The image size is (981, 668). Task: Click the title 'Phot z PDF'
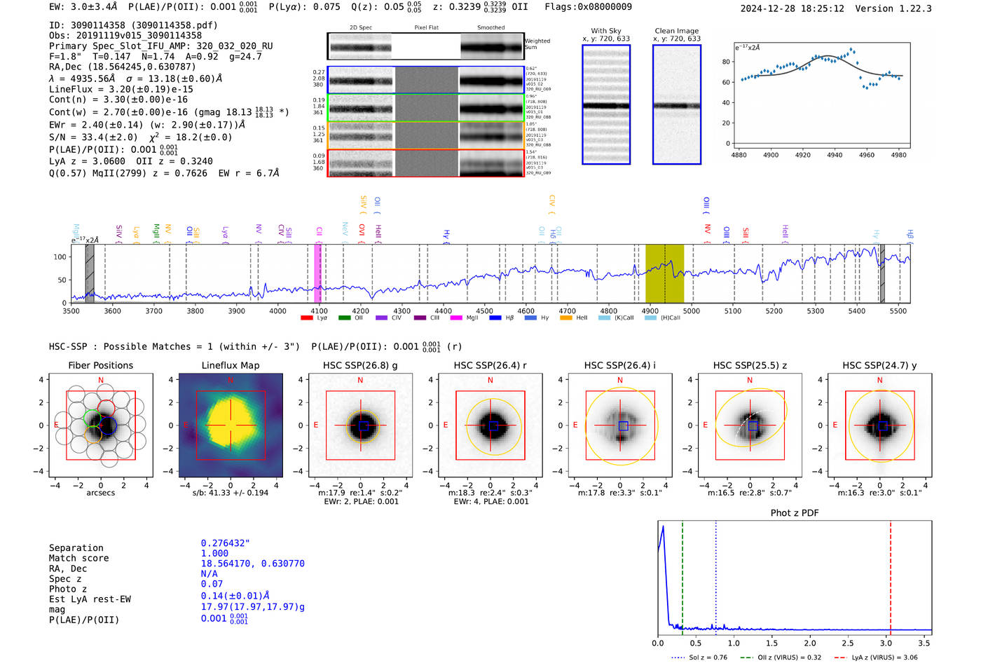coord(795,513)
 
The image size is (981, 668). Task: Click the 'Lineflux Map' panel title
coord(231,365)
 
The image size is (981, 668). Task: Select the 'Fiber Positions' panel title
coord(101,365)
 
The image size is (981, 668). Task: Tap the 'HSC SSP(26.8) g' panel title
coord(360,365)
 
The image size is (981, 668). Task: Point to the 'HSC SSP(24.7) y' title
coord(879,365)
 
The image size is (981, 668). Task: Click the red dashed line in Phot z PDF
coord(891,575)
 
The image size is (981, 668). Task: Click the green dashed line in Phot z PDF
coord(682,575)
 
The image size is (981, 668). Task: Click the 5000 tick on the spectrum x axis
coord(692,311)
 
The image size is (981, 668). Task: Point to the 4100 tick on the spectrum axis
coord(320,311)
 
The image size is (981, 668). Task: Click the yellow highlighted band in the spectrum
coord(664,273)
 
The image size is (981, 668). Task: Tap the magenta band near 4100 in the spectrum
coord(318,273)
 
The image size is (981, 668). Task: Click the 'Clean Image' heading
coord(676,31)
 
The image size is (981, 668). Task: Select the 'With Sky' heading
coord(606,31)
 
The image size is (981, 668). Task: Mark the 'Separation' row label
coord(76,548)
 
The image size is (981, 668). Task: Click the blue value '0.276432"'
coord(226,543)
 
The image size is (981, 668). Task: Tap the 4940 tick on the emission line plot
coord(835,155)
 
